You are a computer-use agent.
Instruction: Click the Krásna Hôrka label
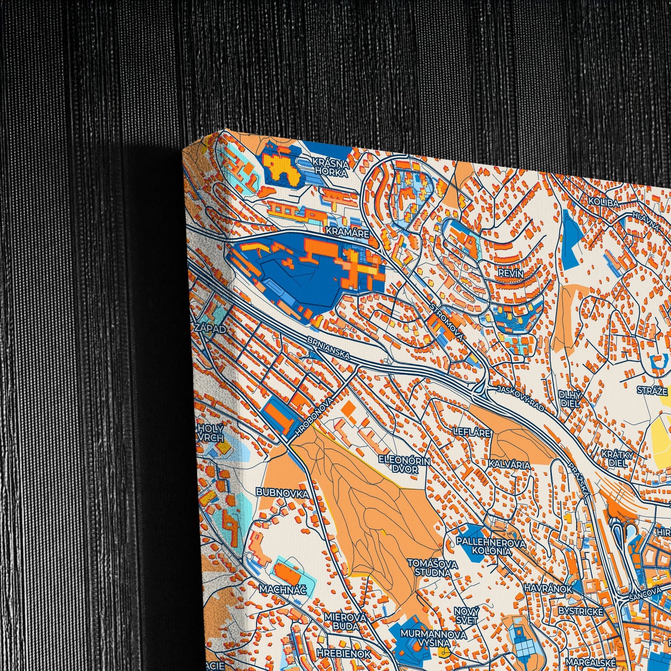coord(330,167)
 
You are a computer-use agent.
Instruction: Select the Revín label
coord(510,273)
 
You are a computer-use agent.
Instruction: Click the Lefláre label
coord(471,432)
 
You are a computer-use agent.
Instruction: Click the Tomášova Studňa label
coord(426,567)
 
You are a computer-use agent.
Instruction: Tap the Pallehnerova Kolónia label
coord(491,547)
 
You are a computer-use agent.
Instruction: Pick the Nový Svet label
coord(466,615)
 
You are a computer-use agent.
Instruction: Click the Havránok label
coord(548,588)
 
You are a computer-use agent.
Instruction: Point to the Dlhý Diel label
coord(570,399)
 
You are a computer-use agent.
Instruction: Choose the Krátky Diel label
coord(617,458)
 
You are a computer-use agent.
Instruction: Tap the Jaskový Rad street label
coord(520,398)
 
